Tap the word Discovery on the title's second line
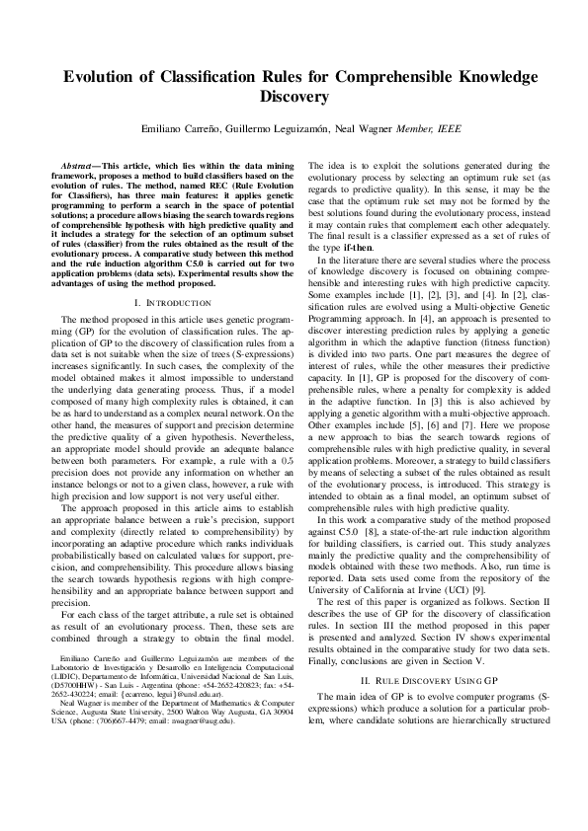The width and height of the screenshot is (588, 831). pyautogui.click(x=294, y=97)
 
